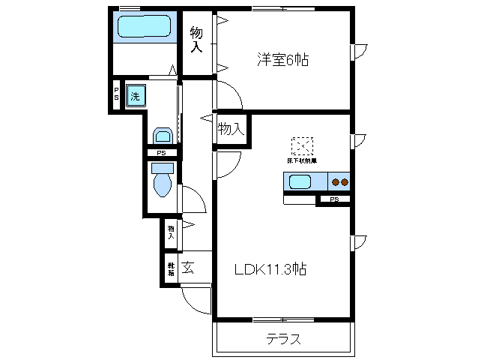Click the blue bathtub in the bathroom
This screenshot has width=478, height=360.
[x=145, y=28]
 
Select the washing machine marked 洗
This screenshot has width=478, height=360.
[x=135, y=95]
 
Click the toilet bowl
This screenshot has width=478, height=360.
[x=162, y=183]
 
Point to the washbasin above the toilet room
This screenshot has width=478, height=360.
[x=163, y=136]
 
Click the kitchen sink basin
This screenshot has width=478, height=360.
[x=300, y=181]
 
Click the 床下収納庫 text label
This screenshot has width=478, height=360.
[x=302, y=160]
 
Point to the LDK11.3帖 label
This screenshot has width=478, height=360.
[x=272, y=268]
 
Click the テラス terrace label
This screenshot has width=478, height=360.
[x=285, y=339]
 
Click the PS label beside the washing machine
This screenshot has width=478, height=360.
[x=116, y=96]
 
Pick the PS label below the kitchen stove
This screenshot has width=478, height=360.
[x=334, y=199]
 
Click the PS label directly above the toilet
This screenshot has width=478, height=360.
[x=162, y=154]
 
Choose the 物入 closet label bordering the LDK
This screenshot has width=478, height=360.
[x=231, y=129]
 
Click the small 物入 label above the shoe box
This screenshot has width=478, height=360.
[x=172, y=232]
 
